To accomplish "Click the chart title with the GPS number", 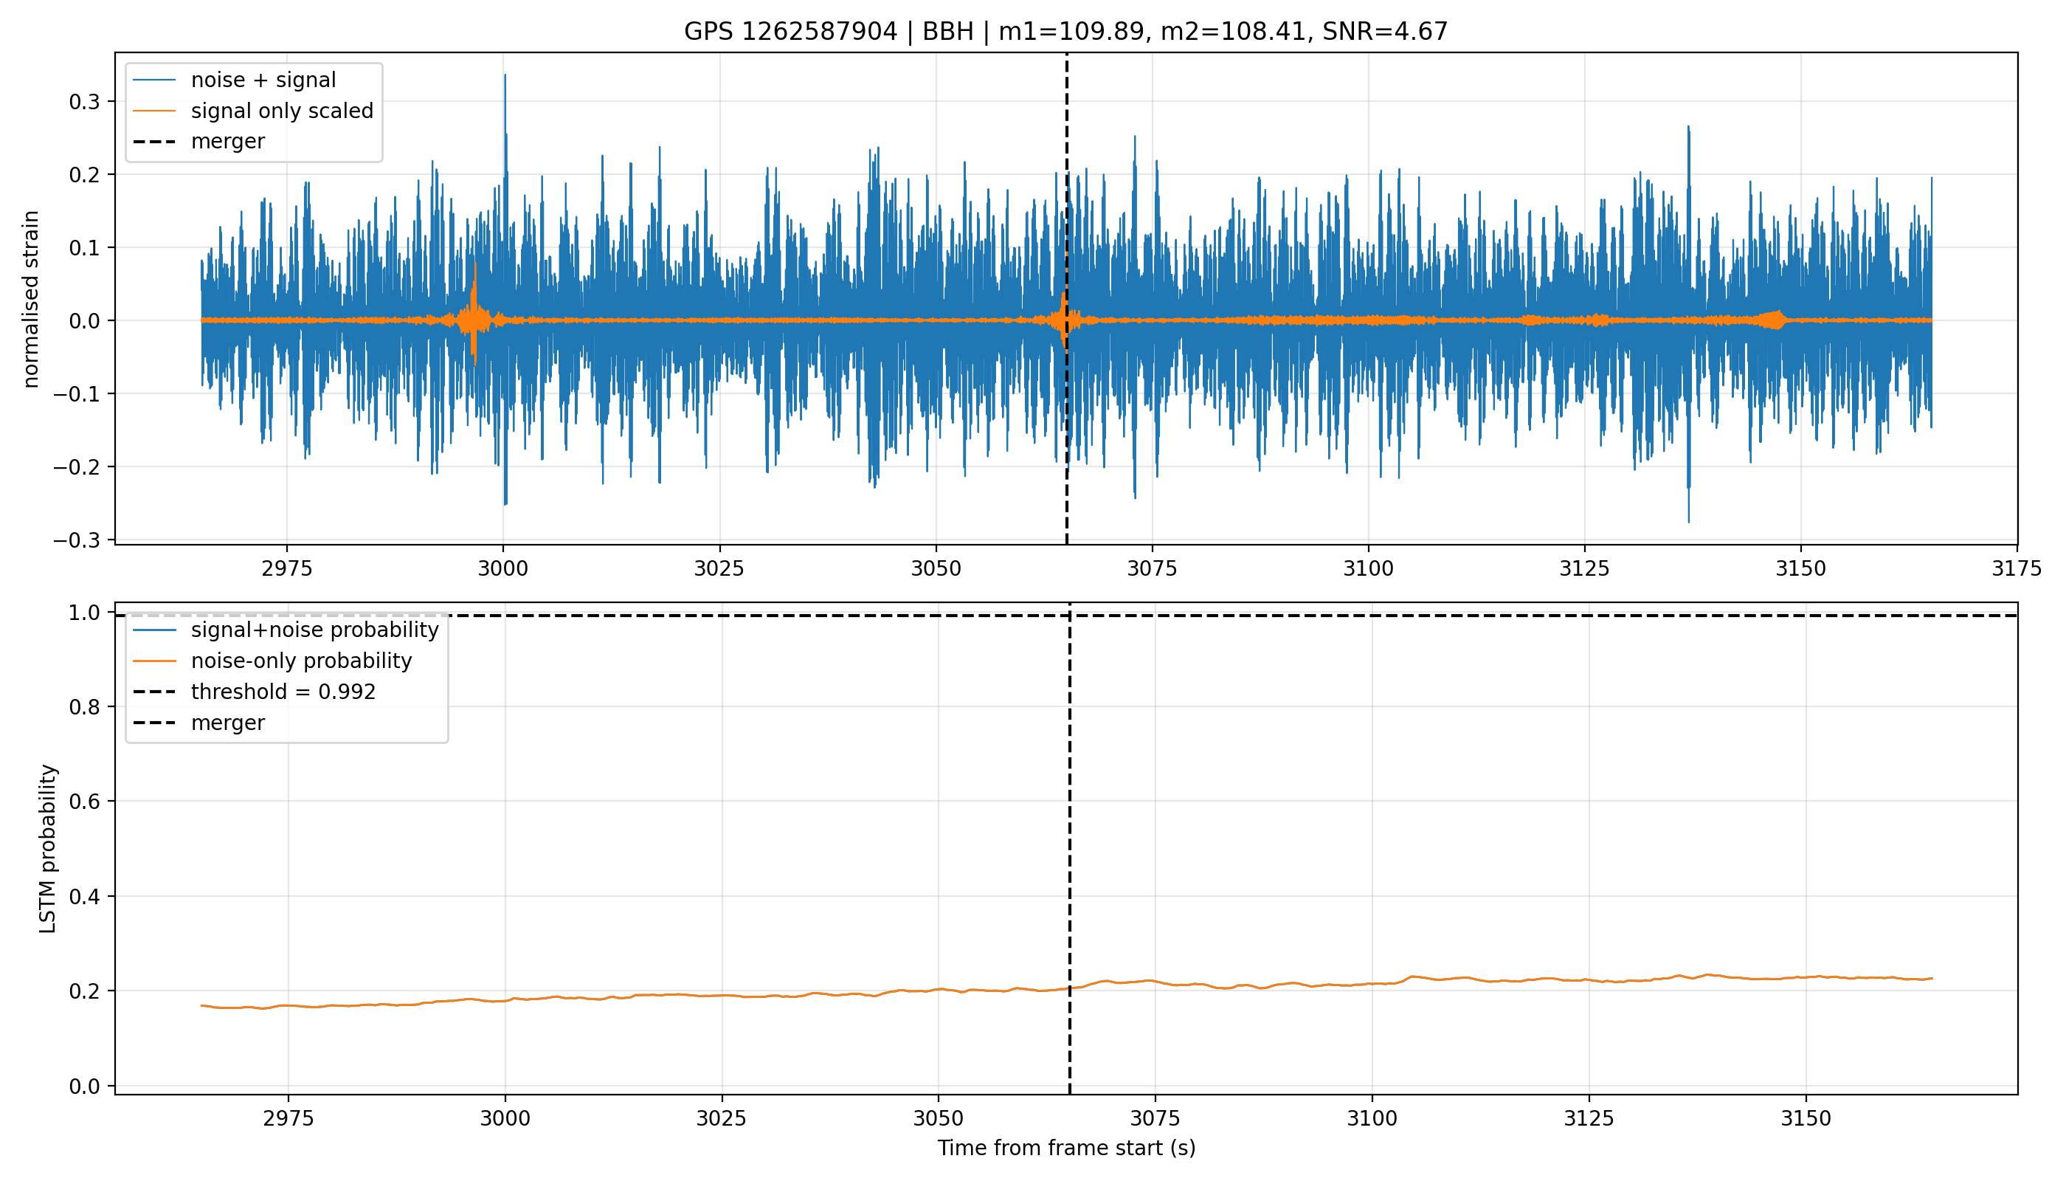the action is pyautogui.click(x=1065, y=32).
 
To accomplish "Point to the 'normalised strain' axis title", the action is pyautogui.click(x=30, y=299).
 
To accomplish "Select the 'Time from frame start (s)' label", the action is pyautogui.click(x=1066, y=1148).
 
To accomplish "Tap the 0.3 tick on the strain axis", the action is pyautogui.click(x=85, y=101).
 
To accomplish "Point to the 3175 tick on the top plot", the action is pyautogui.click(x=2017, y=568).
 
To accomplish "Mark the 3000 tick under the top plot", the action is pyautogui.click(x=502, y=568).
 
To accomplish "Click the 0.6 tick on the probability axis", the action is pyautogui.click(x=85, y=802).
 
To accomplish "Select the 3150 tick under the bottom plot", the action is pyautogui.click(x=1806, y=1118).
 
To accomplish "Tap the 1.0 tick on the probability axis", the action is pyautogui.click(x=85, y=613).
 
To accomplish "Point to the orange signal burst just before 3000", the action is pyautogui.click(x=474, y=317).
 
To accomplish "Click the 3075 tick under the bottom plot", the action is pyautogui.click(x=1155, y=1118).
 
